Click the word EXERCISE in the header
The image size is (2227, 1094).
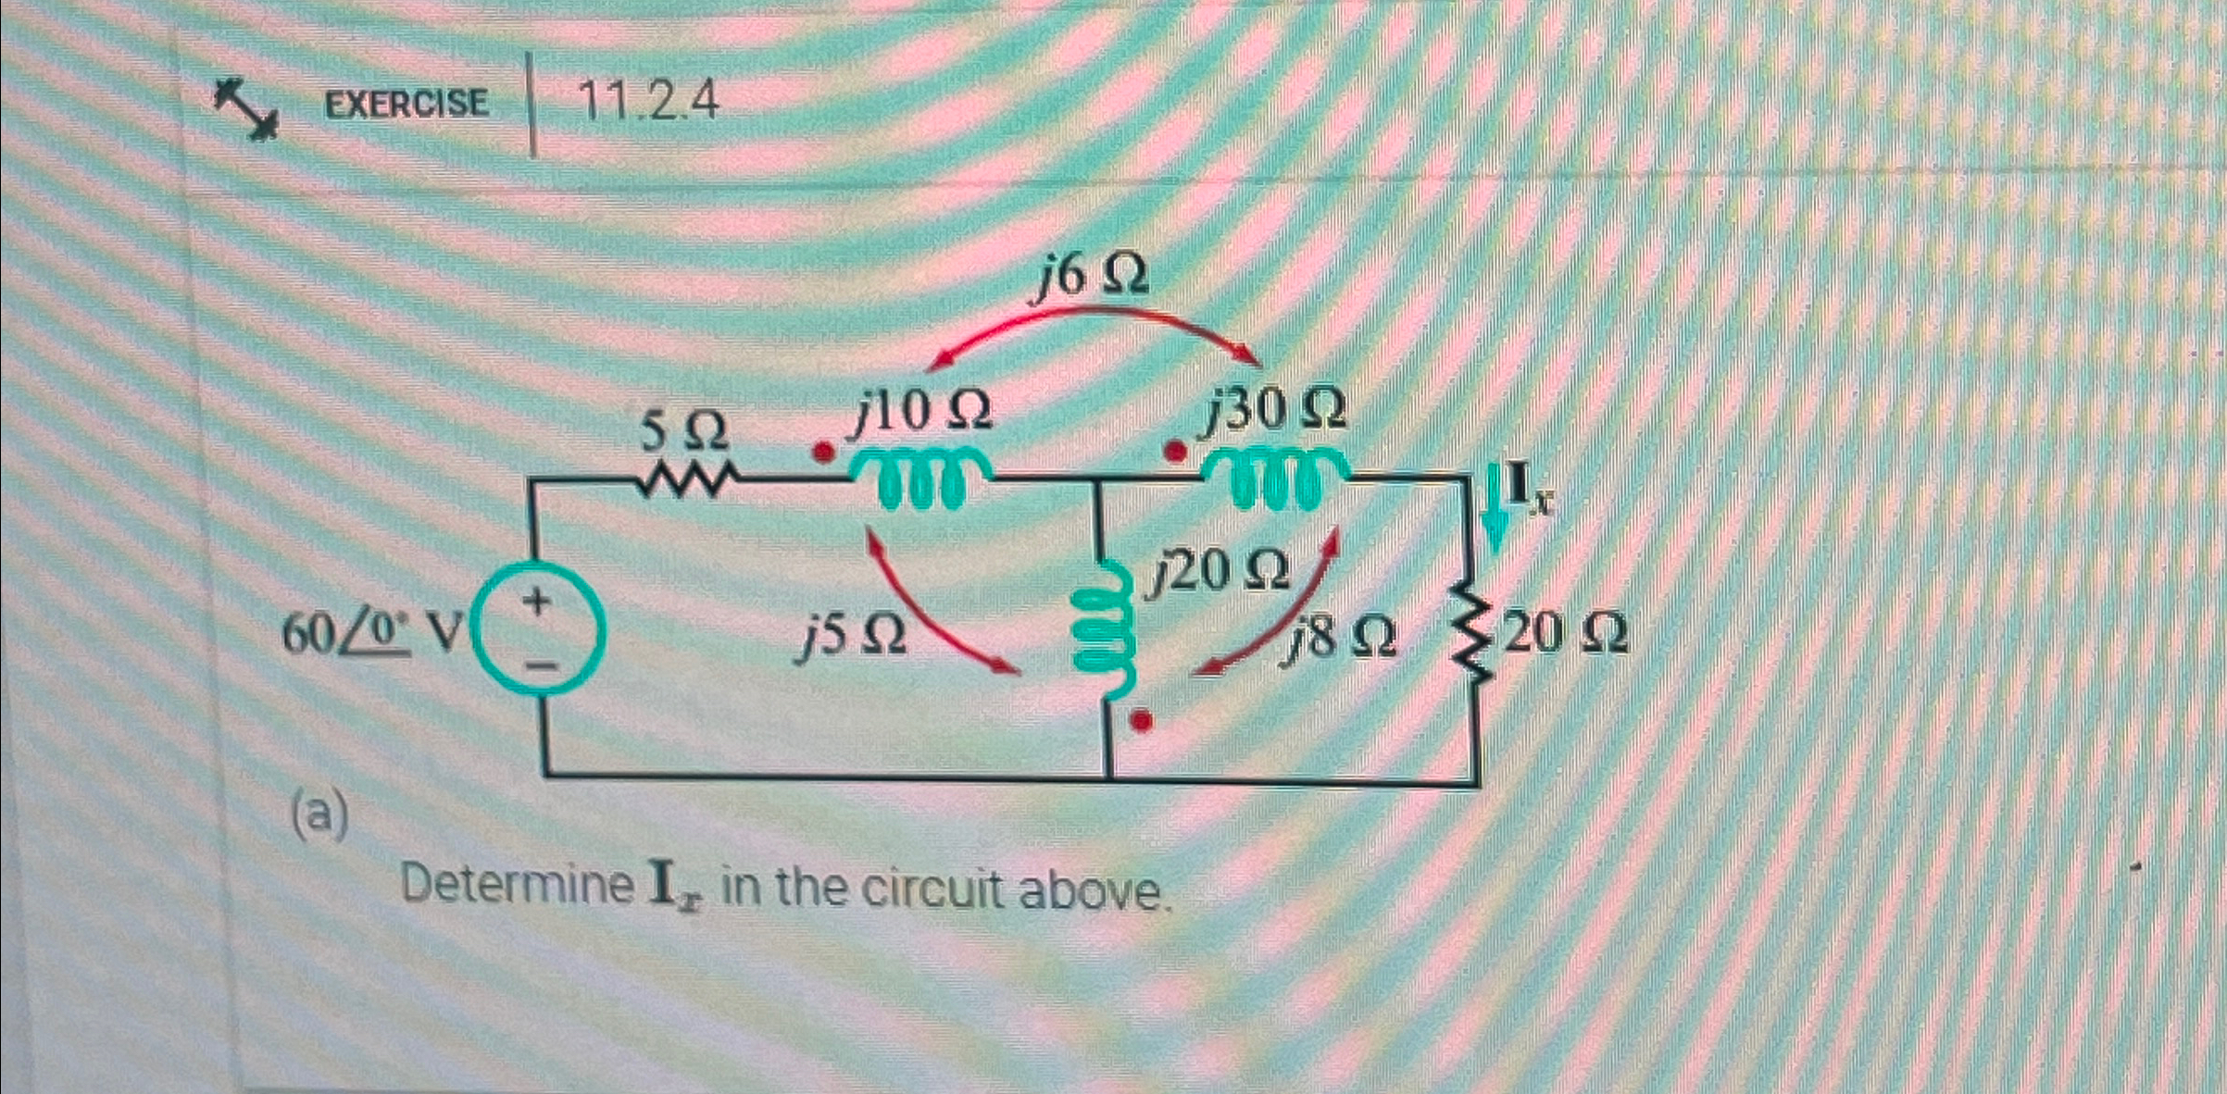(x=406, y=103)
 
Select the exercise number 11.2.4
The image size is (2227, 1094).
(x=648, y=101)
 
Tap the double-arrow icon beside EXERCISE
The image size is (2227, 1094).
(x=245, y=108)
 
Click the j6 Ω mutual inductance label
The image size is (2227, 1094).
(x=1090, y=276)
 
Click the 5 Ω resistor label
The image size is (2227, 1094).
(x=685, y=431)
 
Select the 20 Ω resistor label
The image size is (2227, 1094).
(x=1565, y=635)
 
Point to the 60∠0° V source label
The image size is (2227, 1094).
(x=370, y=635)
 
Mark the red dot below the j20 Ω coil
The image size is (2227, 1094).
(x=1142, y=720)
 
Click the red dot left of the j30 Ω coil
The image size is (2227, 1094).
(x=1174, y=453)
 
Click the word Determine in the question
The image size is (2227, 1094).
(x=517, y=886)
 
